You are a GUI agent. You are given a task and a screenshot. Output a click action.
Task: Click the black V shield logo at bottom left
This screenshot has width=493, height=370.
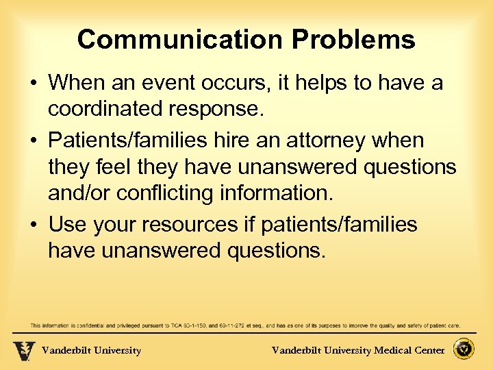24,350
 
